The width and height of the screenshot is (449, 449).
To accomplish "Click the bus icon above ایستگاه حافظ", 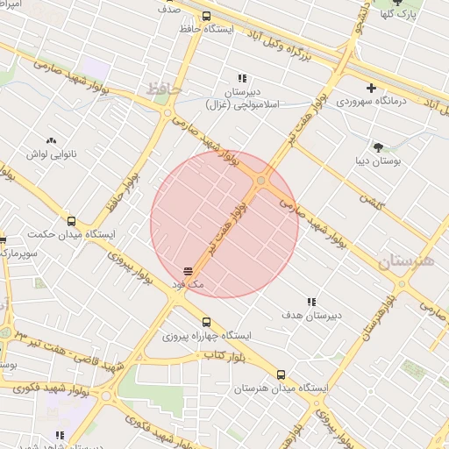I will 206,16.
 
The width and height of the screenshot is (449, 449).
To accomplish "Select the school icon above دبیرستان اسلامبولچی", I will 242,78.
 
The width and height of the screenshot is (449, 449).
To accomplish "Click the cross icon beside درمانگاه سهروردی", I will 372,88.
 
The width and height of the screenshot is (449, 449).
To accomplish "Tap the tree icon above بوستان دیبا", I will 378,147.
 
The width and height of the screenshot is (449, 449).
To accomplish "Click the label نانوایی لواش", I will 50,154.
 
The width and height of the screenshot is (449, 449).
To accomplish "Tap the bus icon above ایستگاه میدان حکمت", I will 72,221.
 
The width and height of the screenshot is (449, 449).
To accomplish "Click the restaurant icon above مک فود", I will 188,271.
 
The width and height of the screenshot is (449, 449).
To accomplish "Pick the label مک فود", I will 188,285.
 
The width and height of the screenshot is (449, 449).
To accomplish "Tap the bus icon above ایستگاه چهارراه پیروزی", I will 207,322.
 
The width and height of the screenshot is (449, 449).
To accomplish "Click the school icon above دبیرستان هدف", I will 309,301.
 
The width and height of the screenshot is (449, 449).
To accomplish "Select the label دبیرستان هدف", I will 311,315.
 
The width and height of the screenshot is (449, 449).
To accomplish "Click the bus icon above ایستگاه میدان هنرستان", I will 281,374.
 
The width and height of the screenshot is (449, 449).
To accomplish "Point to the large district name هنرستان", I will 407,261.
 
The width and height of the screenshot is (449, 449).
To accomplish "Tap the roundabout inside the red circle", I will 261,181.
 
